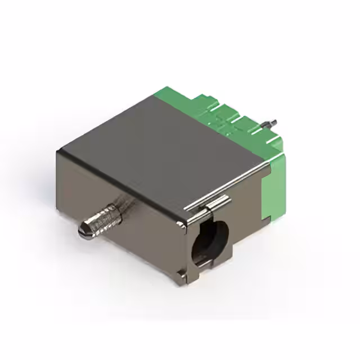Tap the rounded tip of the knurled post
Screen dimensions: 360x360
pos(82,230)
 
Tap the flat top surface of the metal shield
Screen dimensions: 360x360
pos(163,146)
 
